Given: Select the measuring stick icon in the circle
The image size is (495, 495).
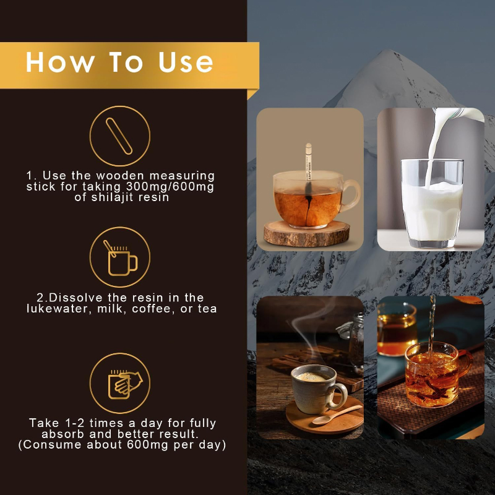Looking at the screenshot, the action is [x=119, y=136].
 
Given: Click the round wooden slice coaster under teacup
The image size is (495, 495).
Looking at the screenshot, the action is [x=307, y=234].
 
